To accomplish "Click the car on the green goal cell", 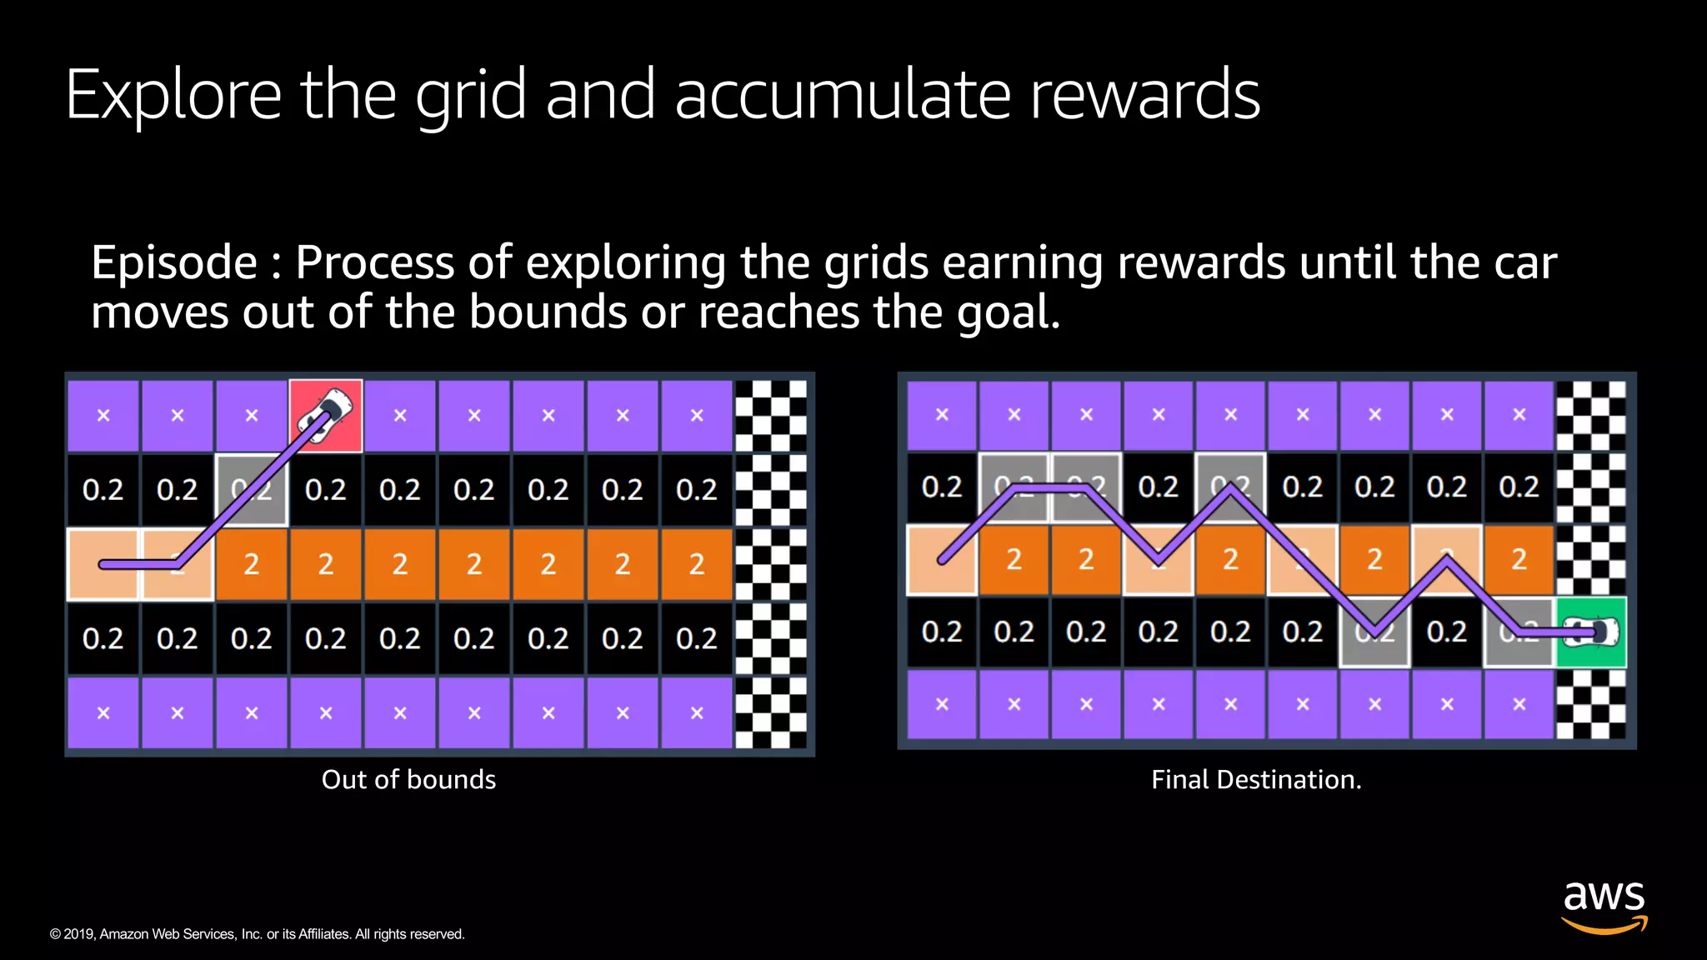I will pyautogui.click(x=1592, y=632).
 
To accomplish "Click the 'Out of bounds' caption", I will pyautogui.click(x=408, y=780).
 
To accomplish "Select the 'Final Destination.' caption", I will pyautogui.click(x=1256, y=780).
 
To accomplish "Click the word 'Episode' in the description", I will pyautogui.click(x=174, y=263).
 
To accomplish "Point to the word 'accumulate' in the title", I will pyautogui.click(x=845, y=95).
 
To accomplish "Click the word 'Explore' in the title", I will pyautogui.click(x=173, y=97).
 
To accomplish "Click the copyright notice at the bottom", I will pyautogui.click(x=257, y=934).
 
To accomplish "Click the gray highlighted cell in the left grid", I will pyautogui.click(x=252, y=490).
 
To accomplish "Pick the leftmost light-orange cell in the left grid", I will pyautogui.click(x=103, y=563).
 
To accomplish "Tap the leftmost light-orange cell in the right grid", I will pyautogui.click(x=942, y=559).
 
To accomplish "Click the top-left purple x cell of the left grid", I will pyautogui.click(x=103, y=415).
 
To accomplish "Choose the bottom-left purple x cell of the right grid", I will pyautogui.click(x=942, y=704).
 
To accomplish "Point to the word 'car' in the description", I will pyautogui.click(x=1524, y=263).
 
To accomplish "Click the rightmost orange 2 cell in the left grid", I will pyautogui.click(x=697, y=564).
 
